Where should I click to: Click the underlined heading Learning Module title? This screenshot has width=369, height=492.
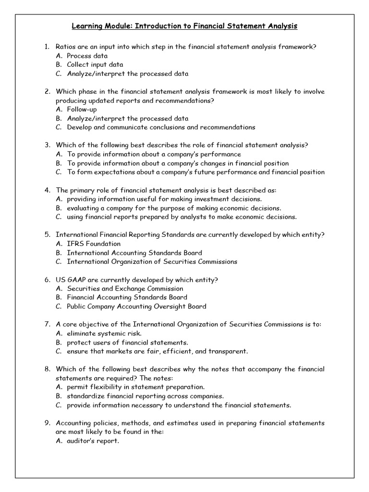click(184, 26)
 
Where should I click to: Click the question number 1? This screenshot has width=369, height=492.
click(46, 47)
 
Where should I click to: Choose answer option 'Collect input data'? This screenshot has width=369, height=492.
click(95, 64)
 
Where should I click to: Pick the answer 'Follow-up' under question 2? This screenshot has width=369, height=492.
click(82, 110)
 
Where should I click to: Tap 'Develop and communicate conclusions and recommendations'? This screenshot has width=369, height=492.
click(161, 127)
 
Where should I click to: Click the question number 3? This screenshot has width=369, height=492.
click(46, 145)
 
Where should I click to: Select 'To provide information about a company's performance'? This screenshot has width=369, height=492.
click(154, 154)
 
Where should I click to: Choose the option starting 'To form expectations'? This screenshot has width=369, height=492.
click(196, 172)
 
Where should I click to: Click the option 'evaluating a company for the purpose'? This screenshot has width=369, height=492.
click(174, 208)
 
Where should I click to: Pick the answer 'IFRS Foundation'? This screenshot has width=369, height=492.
click(94, 244)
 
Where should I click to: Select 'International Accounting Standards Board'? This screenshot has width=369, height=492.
click(135, 253)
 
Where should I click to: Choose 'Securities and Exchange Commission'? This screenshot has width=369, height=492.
click(125, 289)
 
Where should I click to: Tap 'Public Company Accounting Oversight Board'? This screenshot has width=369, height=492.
click(136, 307)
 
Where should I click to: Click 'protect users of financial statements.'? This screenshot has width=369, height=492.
click(127, 343)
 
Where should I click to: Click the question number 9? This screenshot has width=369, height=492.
click(46, 423)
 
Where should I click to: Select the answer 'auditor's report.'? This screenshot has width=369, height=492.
click(93, 441)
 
